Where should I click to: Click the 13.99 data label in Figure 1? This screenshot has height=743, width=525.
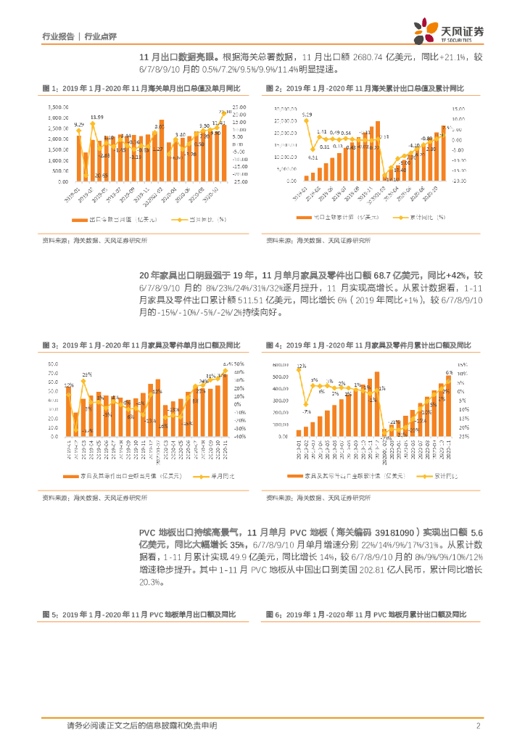96,117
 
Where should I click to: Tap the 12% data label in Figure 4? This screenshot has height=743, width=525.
300,366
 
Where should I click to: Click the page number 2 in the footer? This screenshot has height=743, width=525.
479,726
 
